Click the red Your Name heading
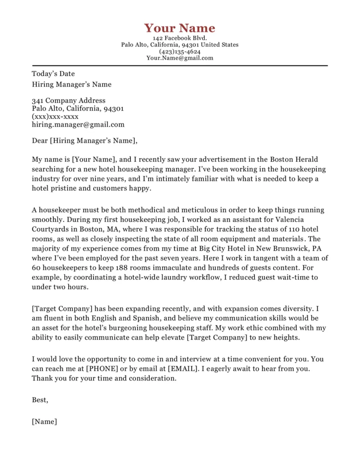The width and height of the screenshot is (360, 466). click(x=180, y=28)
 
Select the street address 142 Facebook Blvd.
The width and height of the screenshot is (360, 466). click(x=180, y=38)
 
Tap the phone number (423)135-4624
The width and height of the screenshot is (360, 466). click(x=180, y=51)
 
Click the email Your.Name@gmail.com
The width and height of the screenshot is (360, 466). click(x=180, y=58)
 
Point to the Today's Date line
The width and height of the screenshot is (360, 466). click(x=53, y=74)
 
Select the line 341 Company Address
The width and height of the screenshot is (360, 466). click(x=68, y=101)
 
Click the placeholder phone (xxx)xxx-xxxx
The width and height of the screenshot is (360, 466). click(x=55, y=116)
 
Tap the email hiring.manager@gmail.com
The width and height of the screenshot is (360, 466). click(x=78, y=124)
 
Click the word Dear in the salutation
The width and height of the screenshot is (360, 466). click(x=40, y=141)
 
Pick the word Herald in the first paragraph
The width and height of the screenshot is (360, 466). click(x=306, y=159)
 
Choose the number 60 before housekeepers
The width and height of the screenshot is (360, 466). click(x=36, y=268)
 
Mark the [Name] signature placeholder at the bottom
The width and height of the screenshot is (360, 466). click(x=44, y=421)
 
